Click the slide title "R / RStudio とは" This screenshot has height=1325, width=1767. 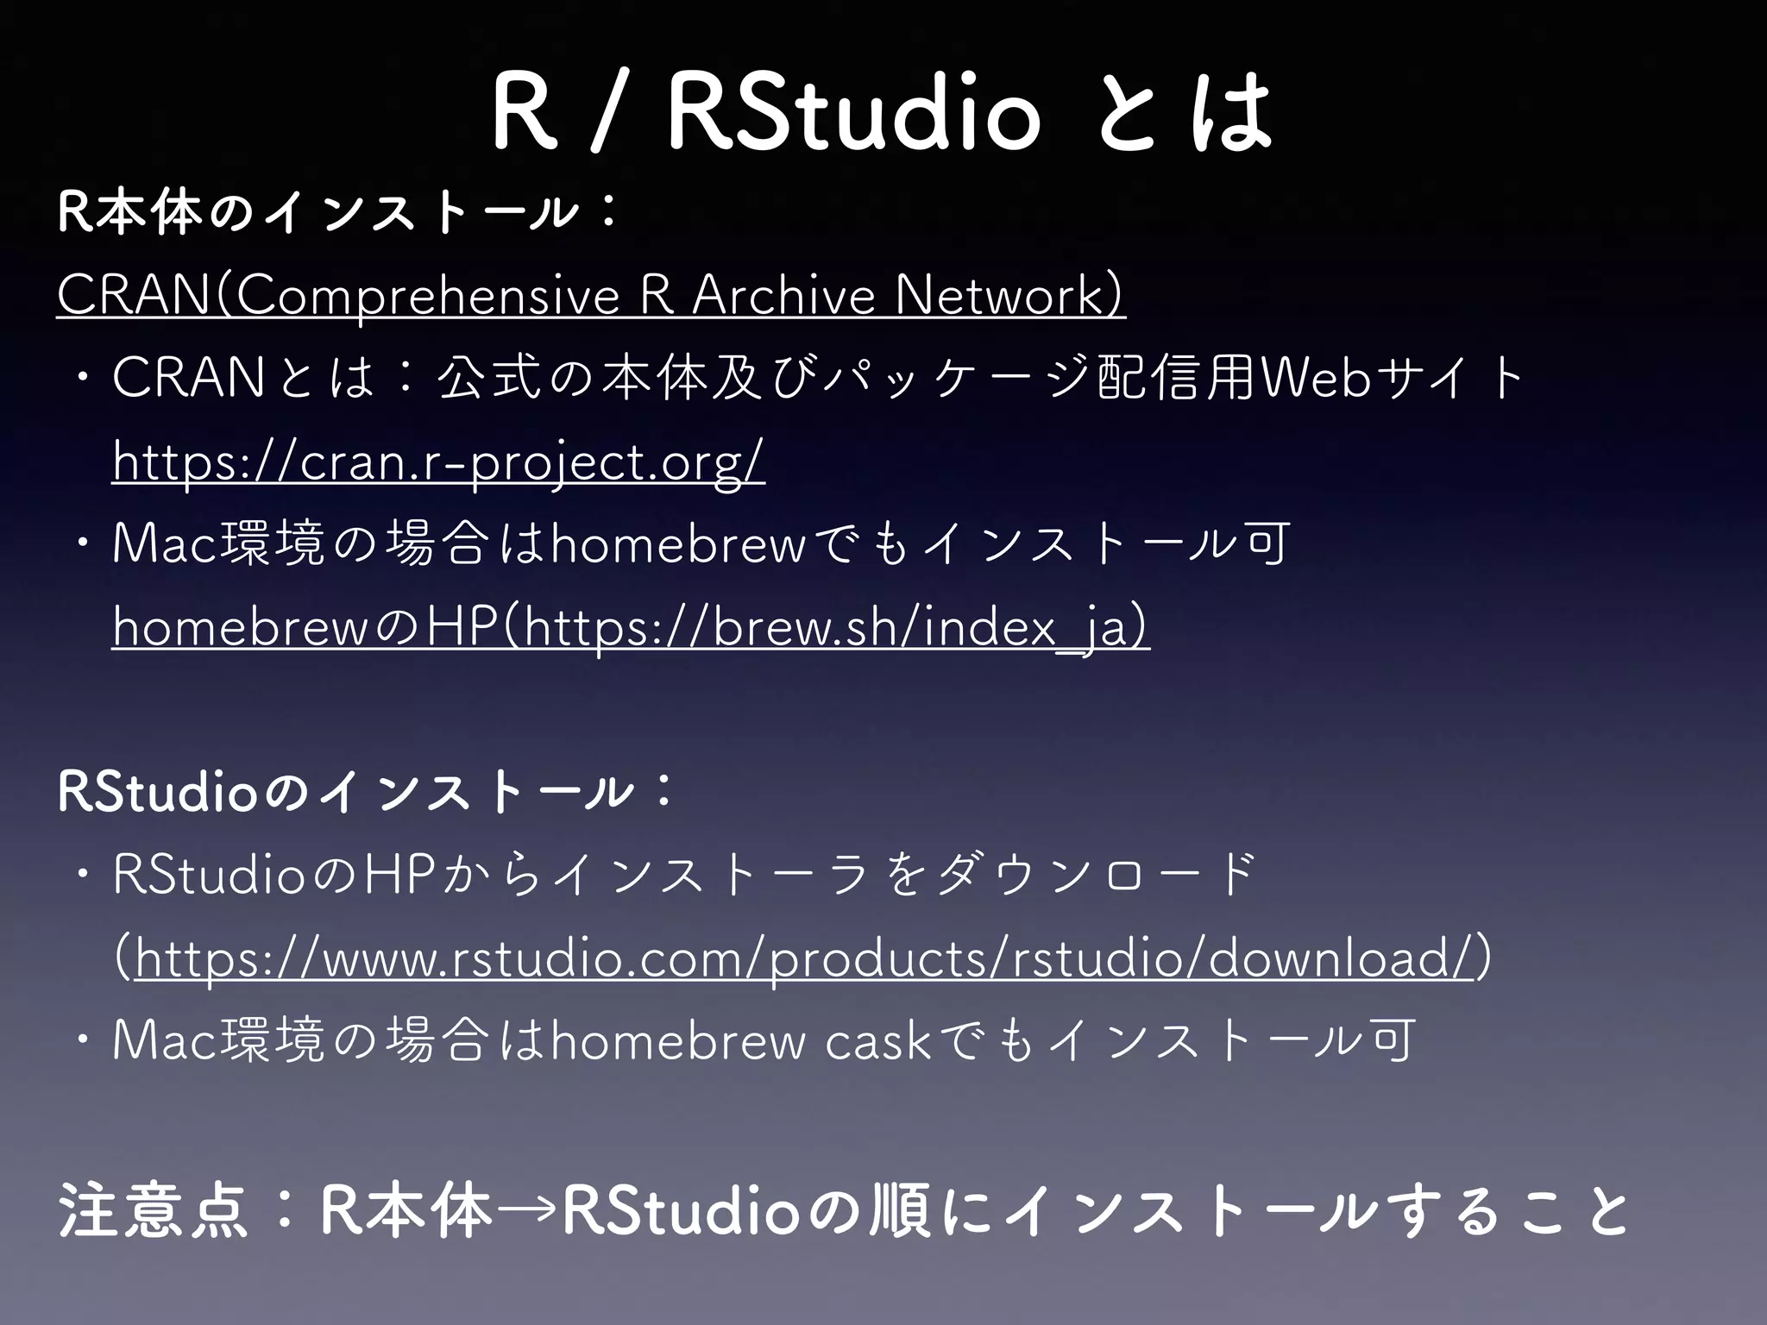coord(882,113)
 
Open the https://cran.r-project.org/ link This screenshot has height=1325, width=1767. coord(438,462)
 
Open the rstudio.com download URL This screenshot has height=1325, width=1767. coord(802,958)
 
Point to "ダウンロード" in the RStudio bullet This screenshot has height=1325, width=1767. coord(1096,876)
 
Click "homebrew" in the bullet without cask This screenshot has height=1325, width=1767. coord(678,545)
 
